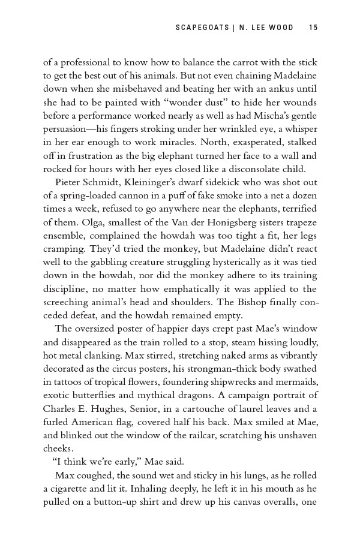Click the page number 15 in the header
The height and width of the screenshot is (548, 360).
click(x=313, y=27)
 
